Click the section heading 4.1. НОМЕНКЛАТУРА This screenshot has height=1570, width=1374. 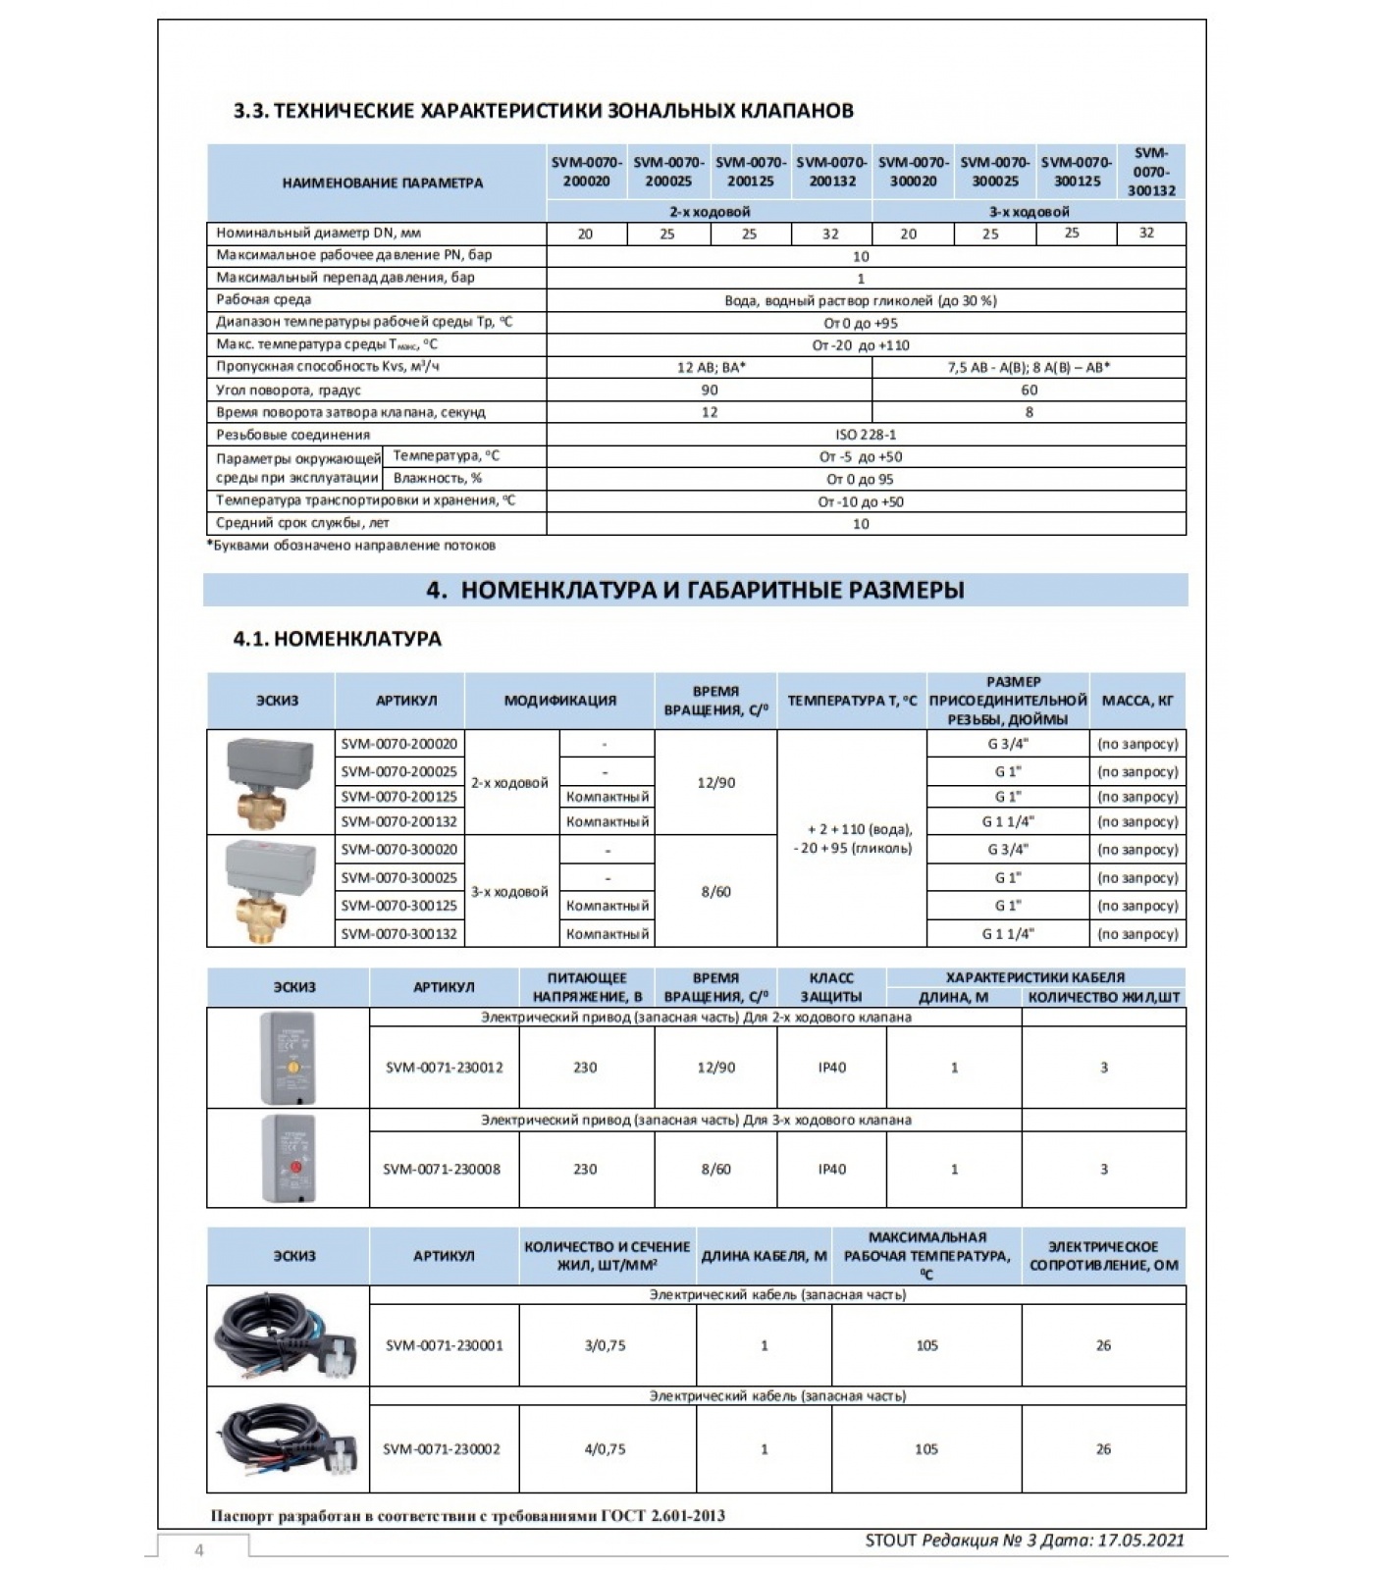coord(338,639)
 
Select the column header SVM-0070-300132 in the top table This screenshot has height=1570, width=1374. coord(1150,172)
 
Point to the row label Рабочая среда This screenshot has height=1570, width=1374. coord(264,299)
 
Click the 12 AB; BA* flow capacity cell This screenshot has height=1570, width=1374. coord(710,367)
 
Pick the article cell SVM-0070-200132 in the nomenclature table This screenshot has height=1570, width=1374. coord(399,821)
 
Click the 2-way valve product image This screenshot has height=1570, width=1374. coord(270,782)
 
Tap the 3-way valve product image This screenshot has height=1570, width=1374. coord(270,890)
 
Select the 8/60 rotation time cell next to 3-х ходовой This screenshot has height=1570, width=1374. coord(715,892)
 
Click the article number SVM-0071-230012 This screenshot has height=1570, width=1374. coord(444,1068)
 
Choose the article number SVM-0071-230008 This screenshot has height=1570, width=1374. coord(442,1169)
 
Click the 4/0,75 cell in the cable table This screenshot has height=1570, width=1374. coord(605,1448)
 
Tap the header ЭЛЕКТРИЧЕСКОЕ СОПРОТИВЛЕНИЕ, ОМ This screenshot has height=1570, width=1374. coord(1103,1256)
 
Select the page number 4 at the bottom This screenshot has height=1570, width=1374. coord(199,1550)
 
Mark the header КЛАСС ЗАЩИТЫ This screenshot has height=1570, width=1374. coord(831,987)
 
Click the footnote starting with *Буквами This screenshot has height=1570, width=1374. coord(351,546)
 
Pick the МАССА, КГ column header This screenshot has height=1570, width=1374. coord(1136,701)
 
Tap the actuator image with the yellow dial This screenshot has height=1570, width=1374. coord(288,1058)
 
